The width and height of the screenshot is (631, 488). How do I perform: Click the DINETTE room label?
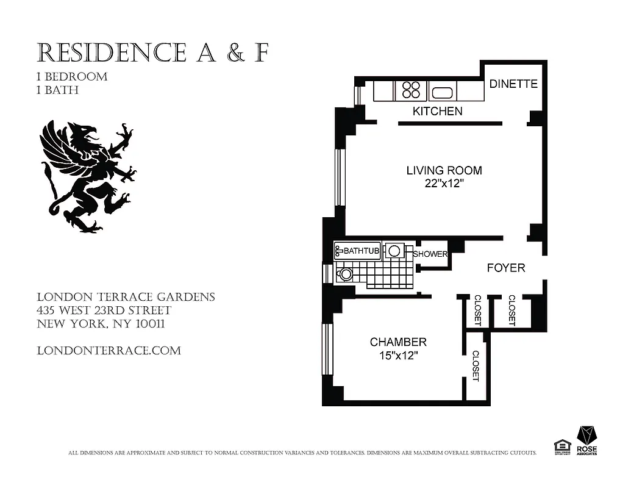tap(513, 84)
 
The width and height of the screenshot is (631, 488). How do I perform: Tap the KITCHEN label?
tap(437, 111)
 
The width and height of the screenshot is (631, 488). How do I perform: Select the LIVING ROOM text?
tap(444, 170)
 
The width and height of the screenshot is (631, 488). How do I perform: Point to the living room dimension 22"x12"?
tap(444, 184)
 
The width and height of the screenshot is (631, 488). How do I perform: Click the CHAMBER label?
tap(398, 342)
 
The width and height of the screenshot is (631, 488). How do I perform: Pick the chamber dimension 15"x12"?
tap(398, 356)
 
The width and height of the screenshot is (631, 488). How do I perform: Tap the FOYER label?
tap(505, 268)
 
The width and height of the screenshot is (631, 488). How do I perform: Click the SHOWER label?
tap(431, 254)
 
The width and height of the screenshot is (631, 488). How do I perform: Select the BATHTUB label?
tap(362, 251)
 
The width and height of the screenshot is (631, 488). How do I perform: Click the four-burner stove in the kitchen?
tap(411, 90)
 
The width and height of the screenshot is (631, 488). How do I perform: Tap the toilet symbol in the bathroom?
tap(345, 274)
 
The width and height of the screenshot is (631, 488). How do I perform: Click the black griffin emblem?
tap(89, 176)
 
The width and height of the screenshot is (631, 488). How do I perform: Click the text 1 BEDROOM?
tap(72, 77)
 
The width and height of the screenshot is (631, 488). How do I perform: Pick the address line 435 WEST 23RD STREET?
tap(104, 310)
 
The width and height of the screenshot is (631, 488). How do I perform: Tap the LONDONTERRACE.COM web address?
tap(109, 351)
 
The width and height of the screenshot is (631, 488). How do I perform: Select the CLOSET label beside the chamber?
tap(476, 366)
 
